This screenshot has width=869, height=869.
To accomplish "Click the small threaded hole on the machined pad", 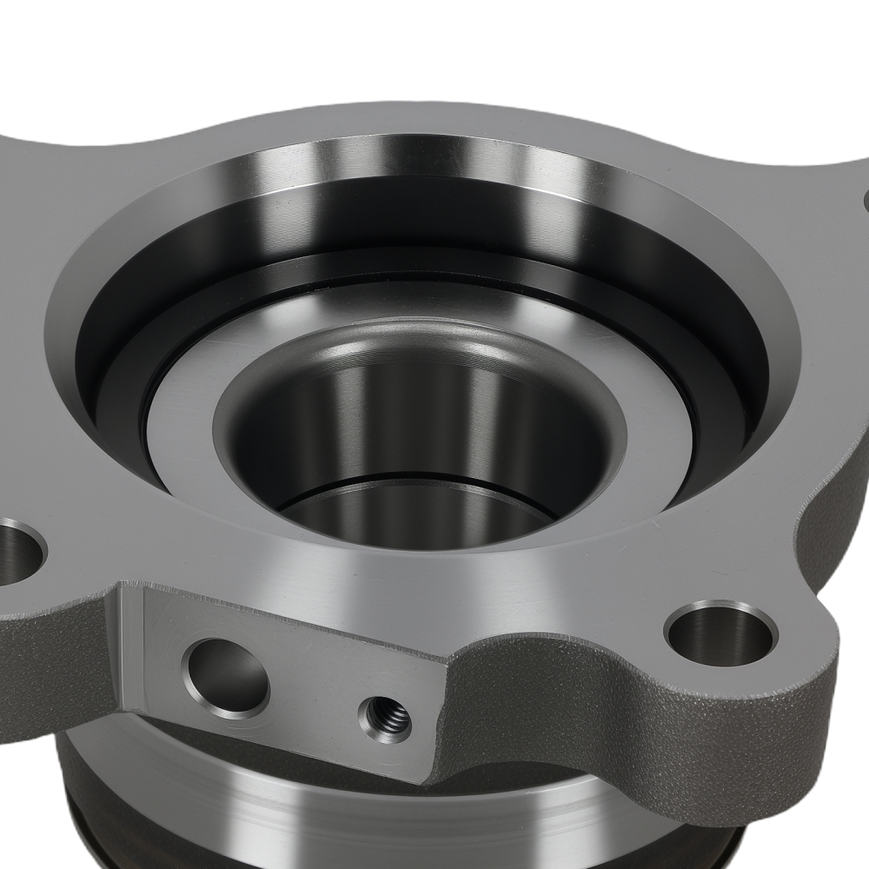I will [x=385, y=718].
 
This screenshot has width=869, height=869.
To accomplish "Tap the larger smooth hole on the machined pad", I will [x=225, y=675].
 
